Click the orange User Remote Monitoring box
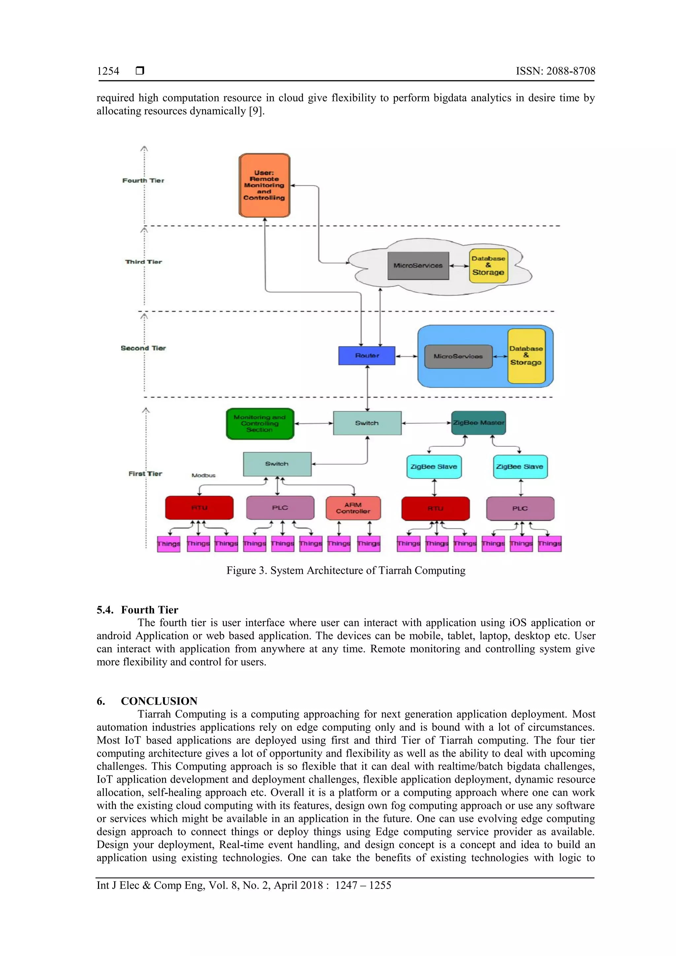264,185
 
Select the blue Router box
366,356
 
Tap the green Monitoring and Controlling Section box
260,423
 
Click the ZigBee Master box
479,423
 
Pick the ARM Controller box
353,508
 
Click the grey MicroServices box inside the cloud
418,266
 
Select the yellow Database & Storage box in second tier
526,356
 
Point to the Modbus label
203,475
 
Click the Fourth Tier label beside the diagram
143,180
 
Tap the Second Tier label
143,348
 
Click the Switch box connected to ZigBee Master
367,423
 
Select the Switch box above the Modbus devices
277,464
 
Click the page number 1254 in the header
108,71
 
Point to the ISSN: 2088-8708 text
555,71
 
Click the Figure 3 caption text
346,571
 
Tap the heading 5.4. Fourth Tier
137,610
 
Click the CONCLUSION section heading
159,701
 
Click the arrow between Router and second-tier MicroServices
406,356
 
